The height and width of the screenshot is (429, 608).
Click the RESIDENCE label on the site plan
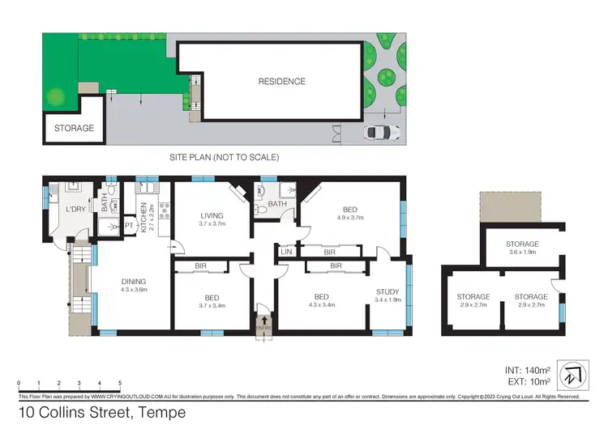281,81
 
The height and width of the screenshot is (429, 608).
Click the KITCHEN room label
143,218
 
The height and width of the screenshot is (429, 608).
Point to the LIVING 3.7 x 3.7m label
213,219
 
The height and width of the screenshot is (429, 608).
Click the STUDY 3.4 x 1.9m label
388,297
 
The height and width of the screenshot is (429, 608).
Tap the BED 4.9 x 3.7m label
350,213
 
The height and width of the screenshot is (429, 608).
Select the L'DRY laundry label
76,210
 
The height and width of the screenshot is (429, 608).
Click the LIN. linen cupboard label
286,252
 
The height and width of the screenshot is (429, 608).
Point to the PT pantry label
128,226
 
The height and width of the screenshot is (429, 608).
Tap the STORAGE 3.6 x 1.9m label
523,248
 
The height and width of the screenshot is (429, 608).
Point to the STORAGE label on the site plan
74,128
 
